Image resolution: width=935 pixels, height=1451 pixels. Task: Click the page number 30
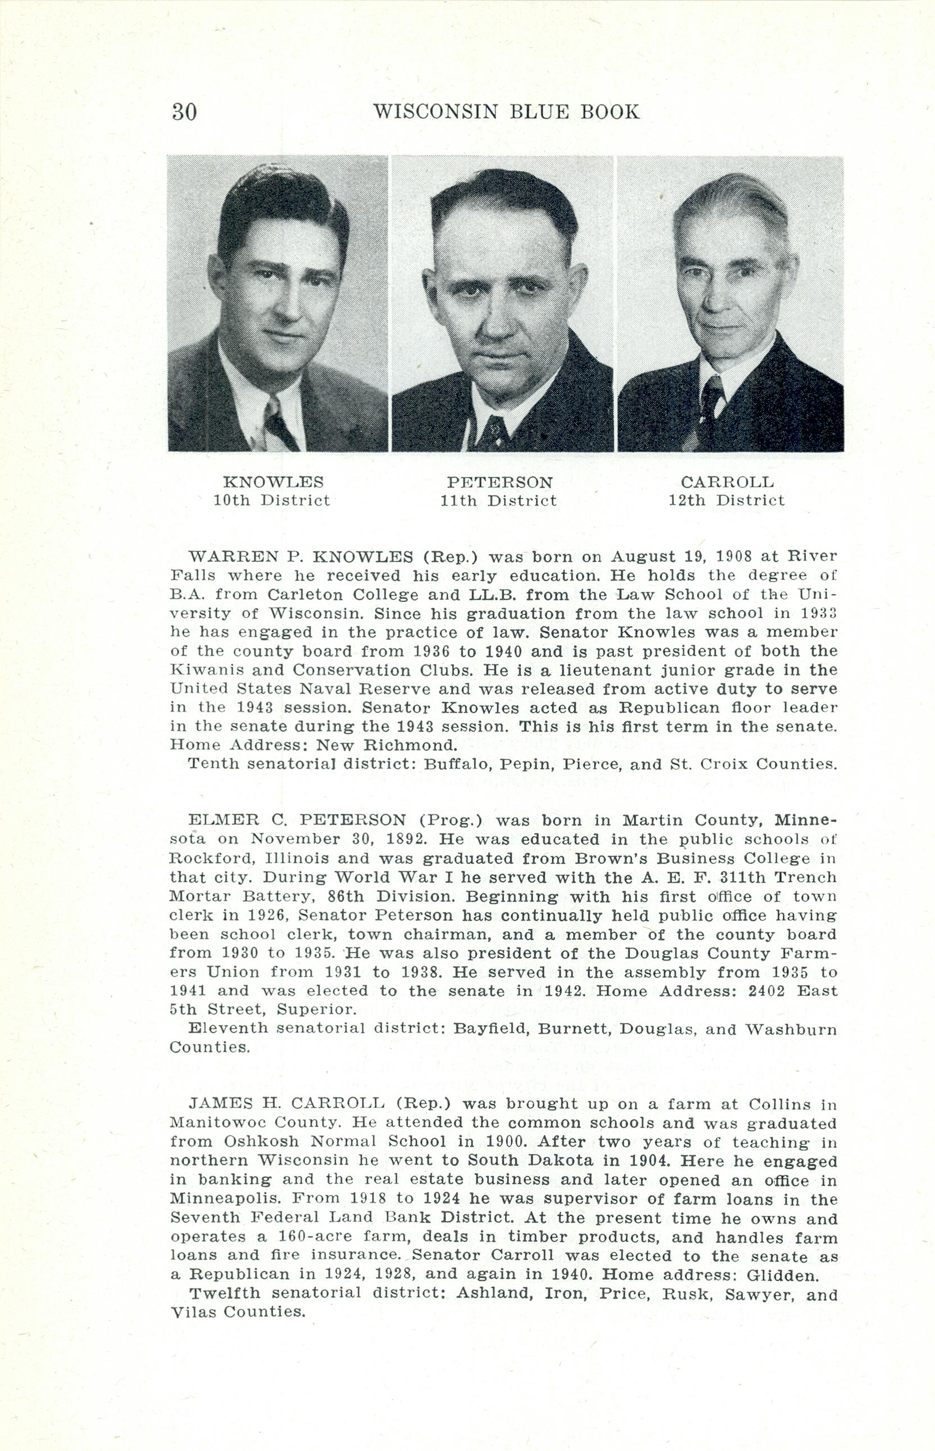point(184,112)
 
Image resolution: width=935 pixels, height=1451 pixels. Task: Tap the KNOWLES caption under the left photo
point(273,483)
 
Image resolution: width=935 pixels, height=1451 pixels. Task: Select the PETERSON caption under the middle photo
point(500,483)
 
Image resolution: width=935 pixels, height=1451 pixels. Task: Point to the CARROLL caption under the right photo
point(727,483)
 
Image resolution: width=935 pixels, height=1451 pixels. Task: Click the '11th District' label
point(498,501)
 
